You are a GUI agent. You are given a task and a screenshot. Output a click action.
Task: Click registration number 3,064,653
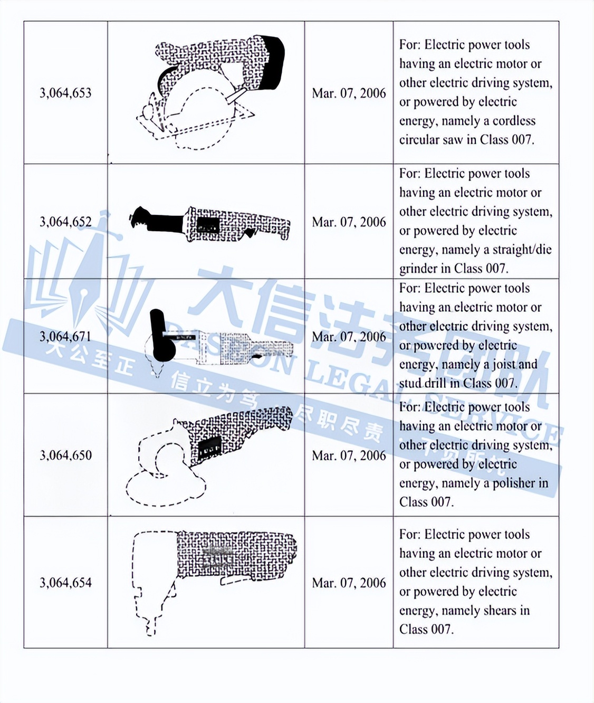(x=65, y=93)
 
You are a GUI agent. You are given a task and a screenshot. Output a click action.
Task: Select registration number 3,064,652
(x=65, y=222)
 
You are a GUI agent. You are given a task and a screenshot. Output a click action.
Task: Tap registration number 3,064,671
(x=65, y=337)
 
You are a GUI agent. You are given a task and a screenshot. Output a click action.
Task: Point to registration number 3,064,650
(x=65, y=455)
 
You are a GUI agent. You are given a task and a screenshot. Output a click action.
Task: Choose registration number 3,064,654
(x=65, y=583)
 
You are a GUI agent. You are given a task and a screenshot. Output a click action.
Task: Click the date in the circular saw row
(x=349, y=93)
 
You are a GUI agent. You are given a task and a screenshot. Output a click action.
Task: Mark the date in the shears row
(x=349, y=583)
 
